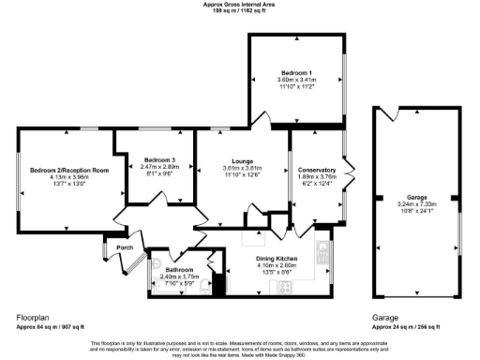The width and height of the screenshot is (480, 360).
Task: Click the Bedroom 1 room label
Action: pyautogui.click(x=296, y=73)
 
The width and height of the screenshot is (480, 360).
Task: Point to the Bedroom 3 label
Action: pyautogui.click(x=153, y=159)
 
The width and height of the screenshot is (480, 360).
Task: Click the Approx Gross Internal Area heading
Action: pyautogui.click(x=239, y=4)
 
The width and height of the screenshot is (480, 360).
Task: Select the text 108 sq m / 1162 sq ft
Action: pyautogui.click(x=239, y=10)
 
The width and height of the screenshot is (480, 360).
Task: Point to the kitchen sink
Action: pyautogui.click(x=323, y=251)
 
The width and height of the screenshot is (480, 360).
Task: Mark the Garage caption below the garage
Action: pyautogui.click(x=385, y=318)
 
